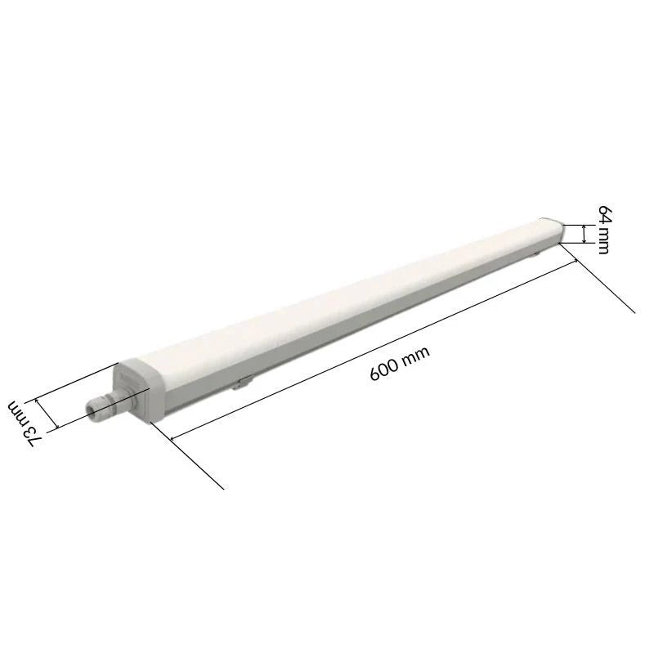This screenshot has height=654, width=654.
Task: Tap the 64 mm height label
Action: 602,230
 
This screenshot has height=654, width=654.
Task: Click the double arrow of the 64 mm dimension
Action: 583,234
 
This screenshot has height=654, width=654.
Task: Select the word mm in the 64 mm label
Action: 602,241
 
